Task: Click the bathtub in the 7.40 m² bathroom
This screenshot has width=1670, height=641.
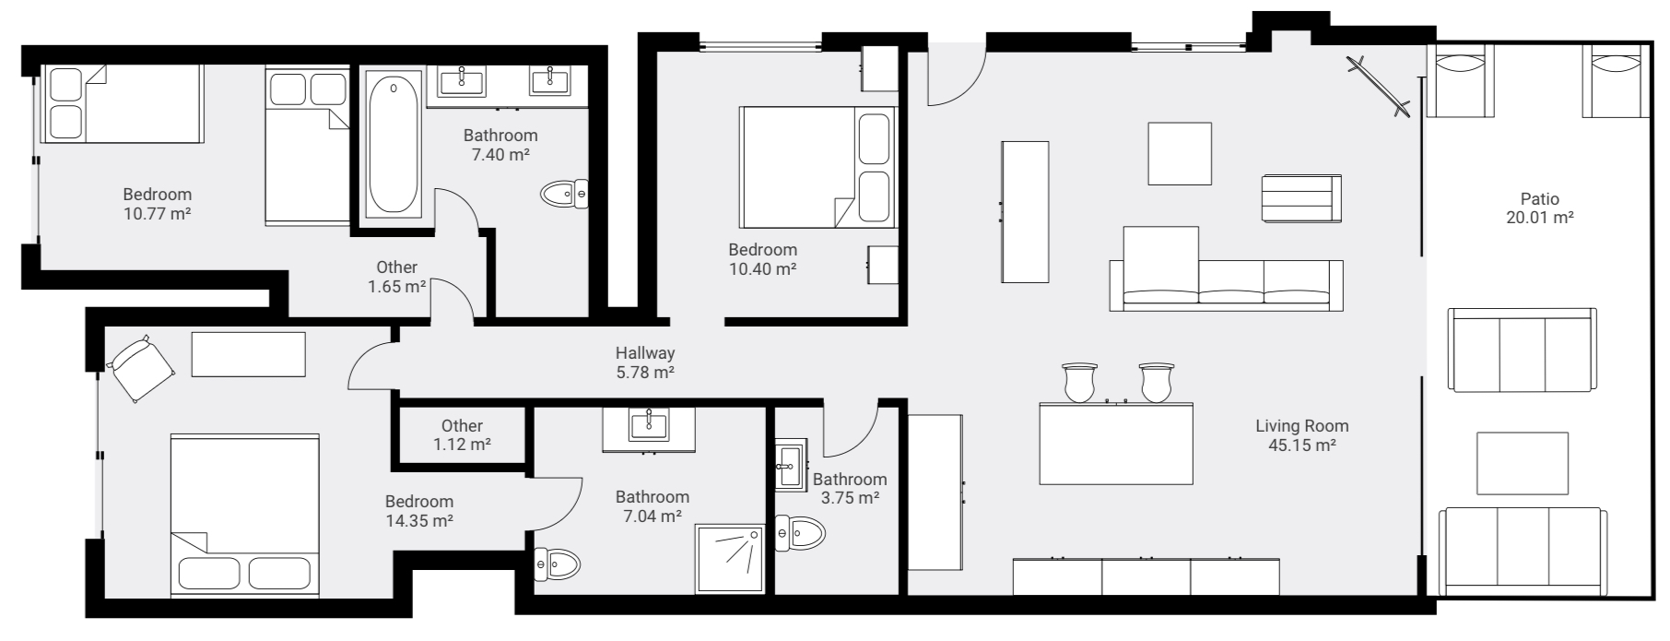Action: tap(394, 145)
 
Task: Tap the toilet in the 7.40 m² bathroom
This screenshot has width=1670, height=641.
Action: tap(563, 194)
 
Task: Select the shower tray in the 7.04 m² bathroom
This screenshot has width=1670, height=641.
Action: tap(730, 558)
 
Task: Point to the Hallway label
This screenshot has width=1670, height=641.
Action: tap(645, 352)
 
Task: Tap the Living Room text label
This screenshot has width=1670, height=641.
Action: tap(1301, 426)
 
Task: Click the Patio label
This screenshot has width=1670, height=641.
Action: tap(1540, 198)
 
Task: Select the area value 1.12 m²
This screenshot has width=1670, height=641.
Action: tap(462, 445)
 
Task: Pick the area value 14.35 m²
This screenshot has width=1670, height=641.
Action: tap(418, 521)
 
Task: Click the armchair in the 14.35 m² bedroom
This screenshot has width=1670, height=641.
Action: tap(142, 367)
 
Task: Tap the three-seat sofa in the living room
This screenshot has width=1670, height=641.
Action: tap(1226, 285)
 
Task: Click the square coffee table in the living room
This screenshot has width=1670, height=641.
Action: tap(1179, 153)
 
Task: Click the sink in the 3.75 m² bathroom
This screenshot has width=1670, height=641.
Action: tap(790, 466)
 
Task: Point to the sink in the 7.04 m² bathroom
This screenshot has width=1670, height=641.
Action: tap(649, 426)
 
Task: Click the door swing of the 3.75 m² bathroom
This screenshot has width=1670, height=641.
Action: tap(853, 433)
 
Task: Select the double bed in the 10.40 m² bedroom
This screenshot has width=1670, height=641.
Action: tap(817, 167)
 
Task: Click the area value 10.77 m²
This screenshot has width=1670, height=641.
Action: tap(157, 214)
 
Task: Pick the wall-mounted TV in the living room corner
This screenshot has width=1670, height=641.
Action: tap(1378, 87)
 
